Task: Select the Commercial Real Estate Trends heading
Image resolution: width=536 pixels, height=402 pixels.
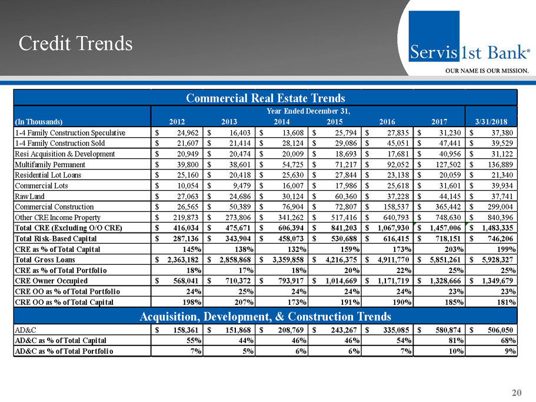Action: (x=265, y=98)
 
